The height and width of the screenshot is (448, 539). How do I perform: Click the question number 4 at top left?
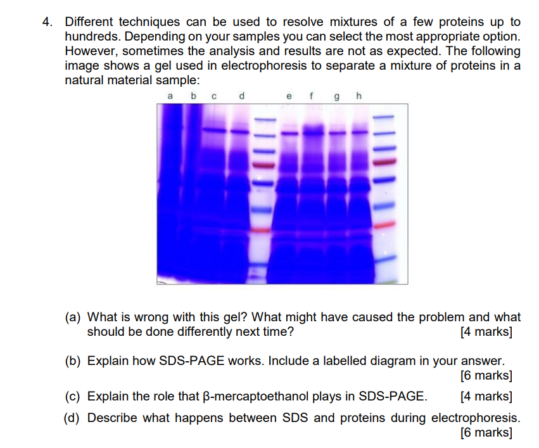coord(46,22)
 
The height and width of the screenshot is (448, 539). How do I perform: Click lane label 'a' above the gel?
coord(170,96)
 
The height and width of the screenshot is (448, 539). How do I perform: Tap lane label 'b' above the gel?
coord(194,96)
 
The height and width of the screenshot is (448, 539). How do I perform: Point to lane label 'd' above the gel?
coord(241,96)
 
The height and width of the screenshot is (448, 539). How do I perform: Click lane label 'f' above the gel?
coord(311,96)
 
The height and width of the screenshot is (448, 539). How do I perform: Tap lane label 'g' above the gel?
coord(335,97)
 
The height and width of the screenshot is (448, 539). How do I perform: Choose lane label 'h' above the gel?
coord(358,96)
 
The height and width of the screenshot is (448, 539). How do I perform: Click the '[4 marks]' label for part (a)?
coord(487,331)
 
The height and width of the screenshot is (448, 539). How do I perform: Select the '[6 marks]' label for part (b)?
coord(487,376)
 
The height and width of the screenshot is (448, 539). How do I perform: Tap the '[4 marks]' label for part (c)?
coord(487,397)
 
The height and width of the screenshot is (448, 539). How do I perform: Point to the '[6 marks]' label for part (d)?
coord(487,433)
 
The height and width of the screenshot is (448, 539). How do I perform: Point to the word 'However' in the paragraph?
coord(90,51)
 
